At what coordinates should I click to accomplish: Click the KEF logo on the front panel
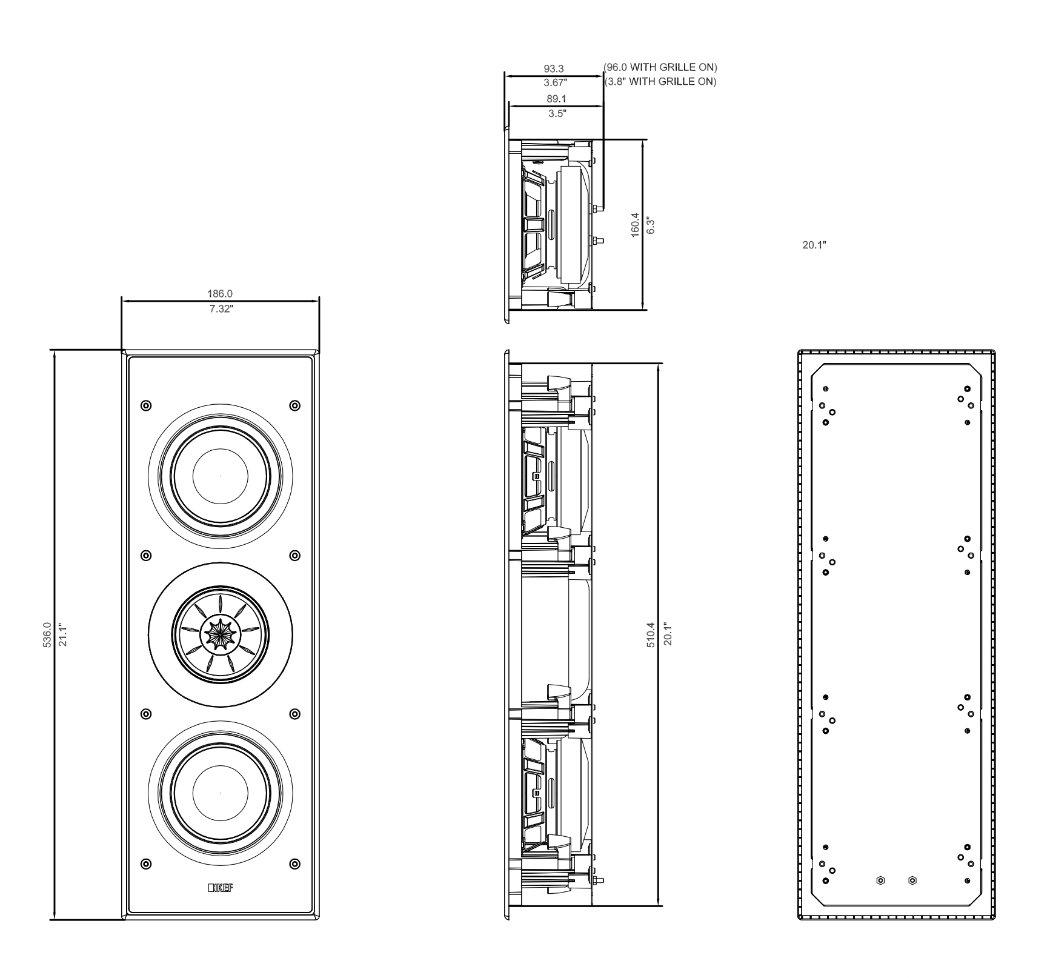(x=221, y=888)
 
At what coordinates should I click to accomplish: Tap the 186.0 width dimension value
(x=221, y=294)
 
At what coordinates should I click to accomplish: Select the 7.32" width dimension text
(x=221, y=308)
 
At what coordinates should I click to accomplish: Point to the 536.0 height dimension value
(x=47, y=634)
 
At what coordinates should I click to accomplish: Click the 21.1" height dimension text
(x=62, y=634)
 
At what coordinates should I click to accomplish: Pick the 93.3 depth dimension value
(x=553, y=69)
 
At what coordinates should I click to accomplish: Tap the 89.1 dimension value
(x=556, y=99)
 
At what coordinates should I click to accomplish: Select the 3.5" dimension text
(x=556, y=113)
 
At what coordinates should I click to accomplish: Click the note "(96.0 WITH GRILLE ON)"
(x=660, y=67)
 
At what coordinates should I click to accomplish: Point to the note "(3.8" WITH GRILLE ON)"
(x=660, y=81)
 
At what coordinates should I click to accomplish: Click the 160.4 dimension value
(x=635, y=225)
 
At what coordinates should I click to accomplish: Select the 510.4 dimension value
(x=651, y=634)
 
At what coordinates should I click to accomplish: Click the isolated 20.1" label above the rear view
(x=814, y=245)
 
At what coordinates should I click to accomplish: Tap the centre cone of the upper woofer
(x=221, y=476)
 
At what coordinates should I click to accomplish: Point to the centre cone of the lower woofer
(x=221, y=793)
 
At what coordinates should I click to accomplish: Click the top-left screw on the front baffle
(x=145, y=405)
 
